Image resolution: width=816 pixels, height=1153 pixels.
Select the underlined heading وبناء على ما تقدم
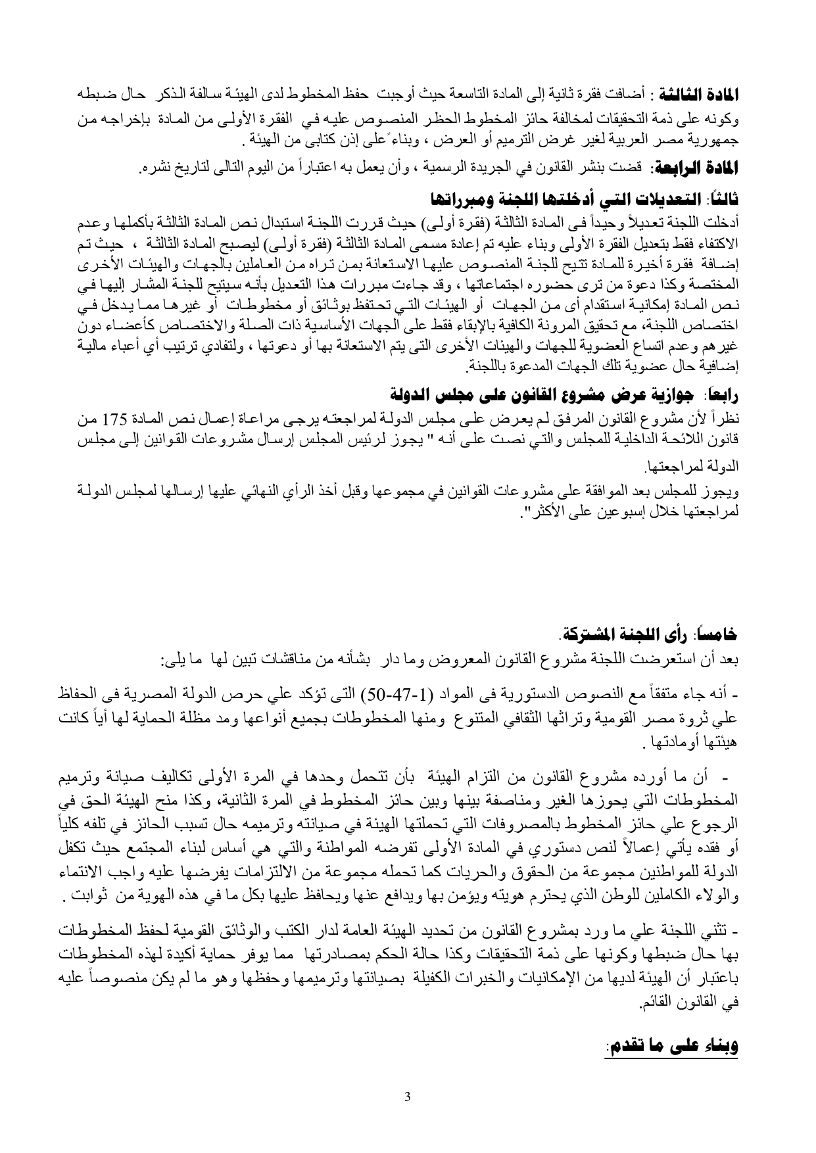coord(672,1047)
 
